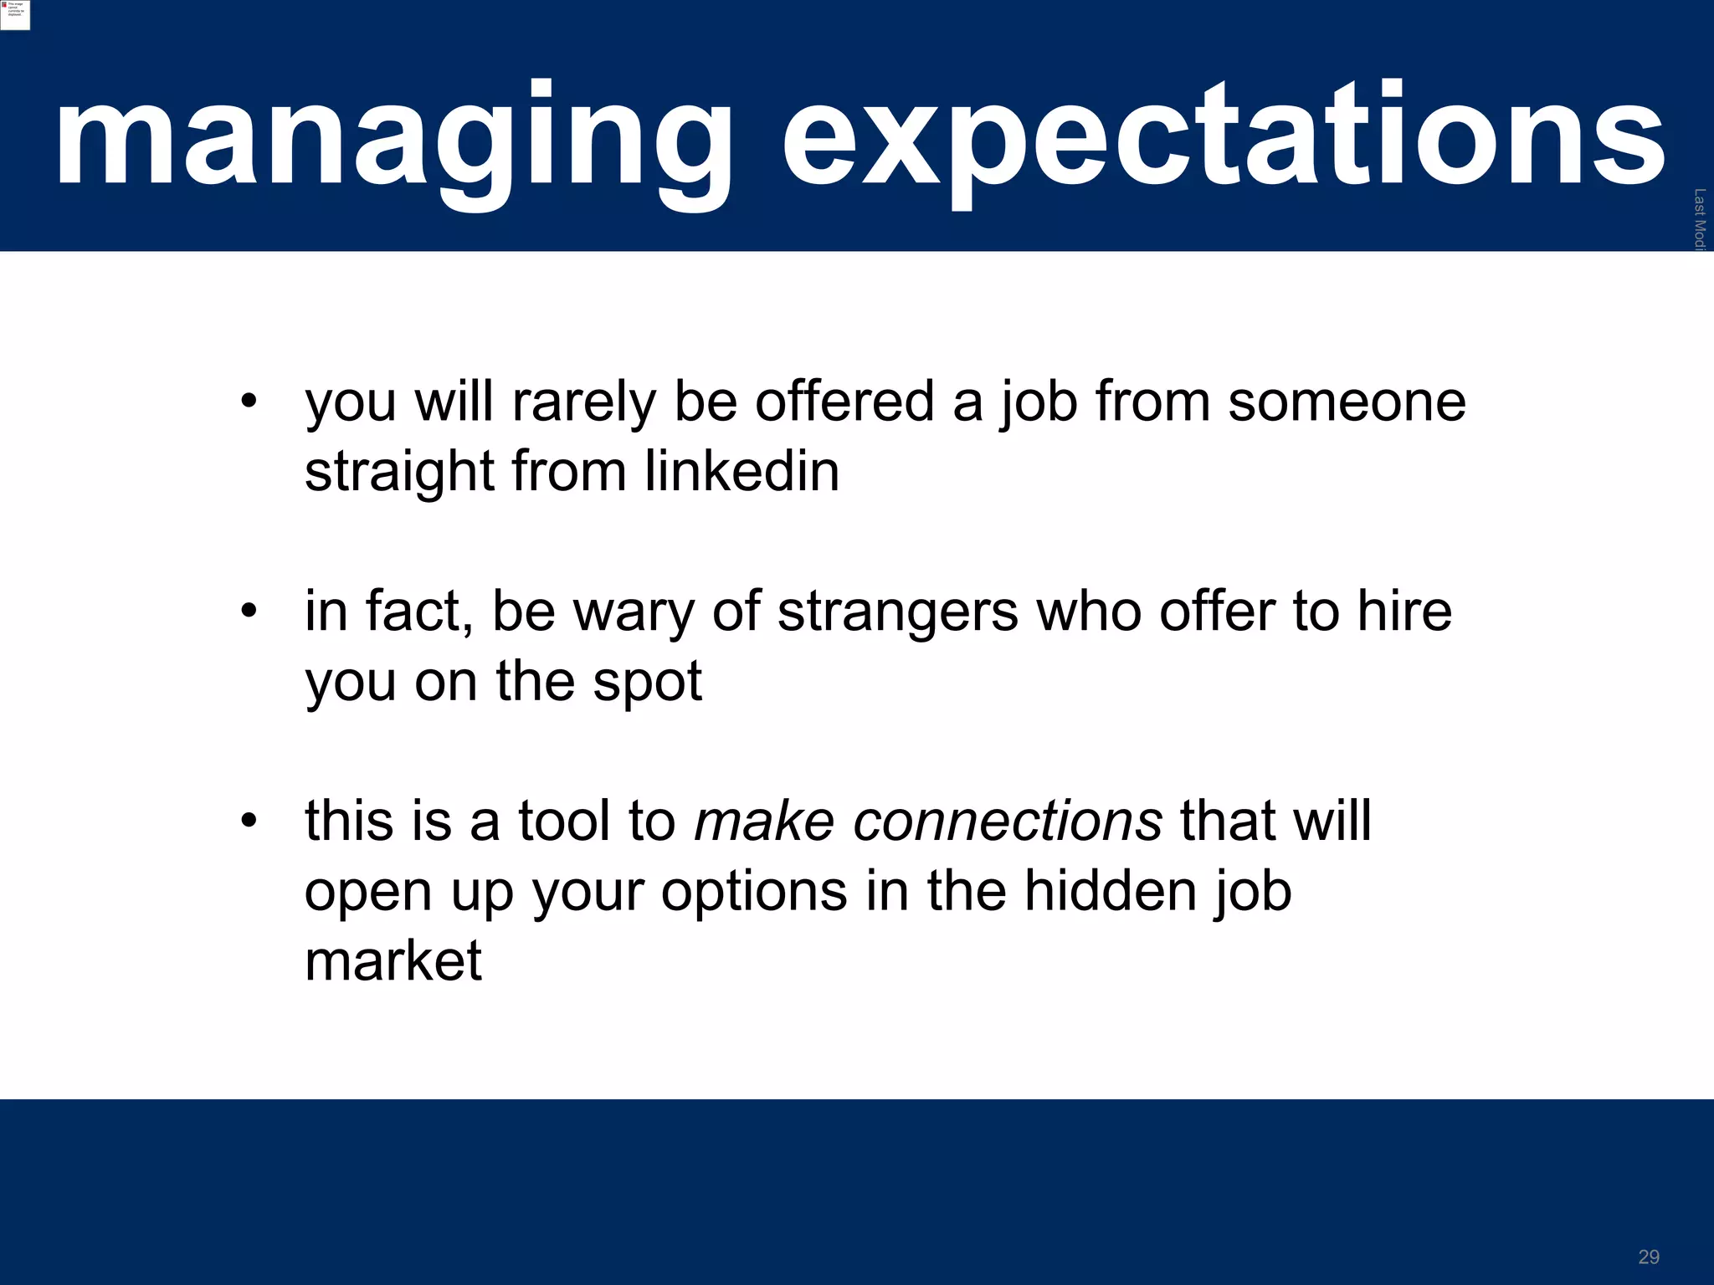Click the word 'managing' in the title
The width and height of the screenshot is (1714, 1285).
(393, 138)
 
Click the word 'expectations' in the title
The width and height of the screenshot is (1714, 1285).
(1222, 138)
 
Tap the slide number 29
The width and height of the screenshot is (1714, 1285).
(1649, 1257)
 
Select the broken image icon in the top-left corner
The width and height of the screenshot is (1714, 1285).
(14, 14)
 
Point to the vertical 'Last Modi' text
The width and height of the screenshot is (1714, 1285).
(1699, 219)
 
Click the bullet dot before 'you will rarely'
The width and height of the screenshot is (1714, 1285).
(248, 402)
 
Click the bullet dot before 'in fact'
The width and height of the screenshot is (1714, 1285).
(248, 612)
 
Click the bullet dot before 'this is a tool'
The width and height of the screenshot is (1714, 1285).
(248, 821)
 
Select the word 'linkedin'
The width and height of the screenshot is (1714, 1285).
(742, 471)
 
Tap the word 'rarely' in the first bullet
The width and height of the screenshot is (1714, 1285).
(584, 403)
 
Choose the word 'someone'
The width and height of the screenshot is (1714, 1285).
(1347, 402)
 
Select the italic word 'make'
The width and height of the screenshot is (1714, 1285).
(764, 821)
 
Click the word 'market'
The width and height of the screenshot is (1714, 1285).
(393, 960)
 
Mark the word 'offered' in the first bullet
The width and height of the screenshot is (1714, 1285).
(844, 402)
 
